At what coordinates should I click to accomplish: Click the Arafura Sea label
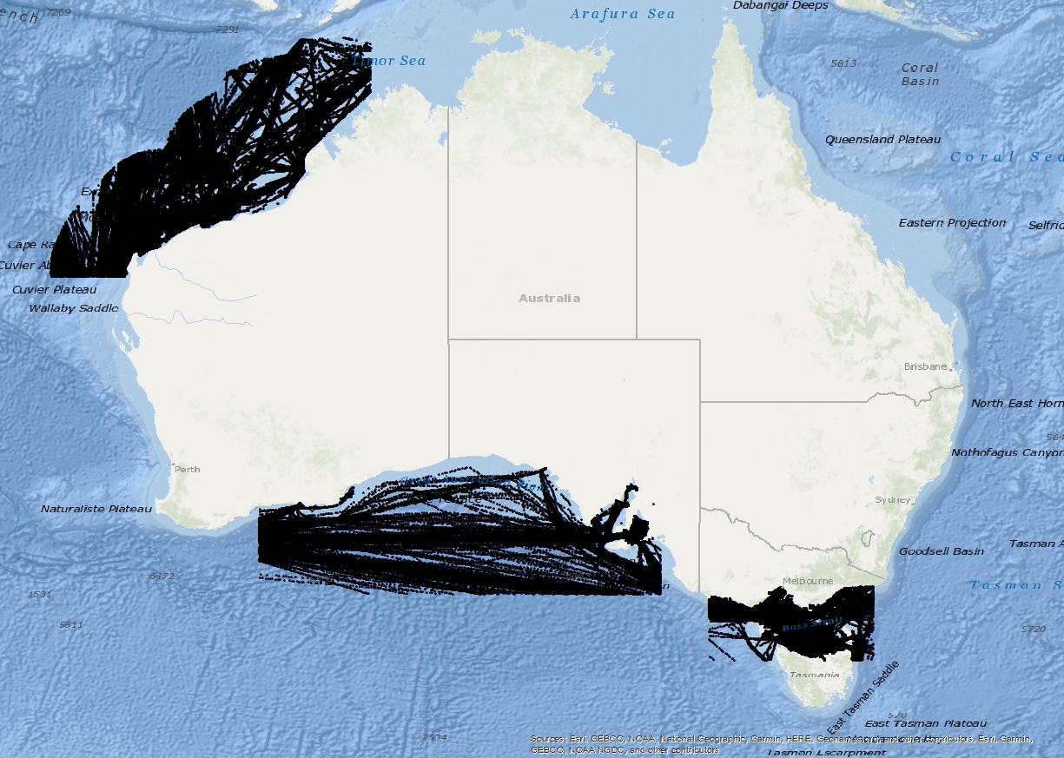click(x=622, y=14)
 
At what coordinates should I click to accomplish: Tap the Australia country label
click(x=549, y=298)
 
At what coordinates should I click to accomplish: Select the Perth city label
click(x=187, y=469)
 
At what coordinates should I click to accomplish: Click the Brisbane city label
click(x=925, y=366)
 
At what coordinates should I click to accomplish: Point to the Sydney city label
click(x=893, y=499)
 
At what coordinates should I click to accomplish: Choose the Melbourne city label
click(x=807, y=581)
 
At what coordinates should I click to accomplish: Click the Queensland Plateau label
click(x=882, y=139)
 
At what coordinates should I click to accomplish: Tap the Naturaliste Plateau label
click(x=96, y=509)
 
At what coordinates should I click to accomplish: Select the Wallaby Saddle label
click(x=74, y=308)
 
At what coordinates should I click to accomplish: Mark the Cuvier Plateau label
click(x=55, y=289)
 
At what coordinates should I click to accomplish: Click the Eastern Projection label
click(x=952, y=223)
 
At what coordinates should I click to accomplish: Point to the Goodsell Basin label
click(x=942, y=551)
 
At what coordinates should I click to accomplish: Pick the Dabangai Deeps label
click(x=781, y=5)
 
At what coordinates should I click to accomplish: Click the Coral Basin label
click(x=920, y=74)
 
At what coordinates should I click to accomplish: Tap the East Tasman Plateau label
click(x=925, y=723)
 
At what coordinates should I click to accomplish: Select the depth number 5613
click(x=843, y=63)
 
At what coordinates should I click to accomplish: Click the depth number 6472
click(x=162, y=576)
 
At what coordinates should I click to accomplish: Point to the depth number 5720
click(x=1034, y=629)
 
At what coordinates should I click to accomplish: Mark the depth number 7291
click(x=227, y=30)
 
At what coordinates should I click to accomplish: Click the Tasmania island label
click(x=814, y=675)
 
